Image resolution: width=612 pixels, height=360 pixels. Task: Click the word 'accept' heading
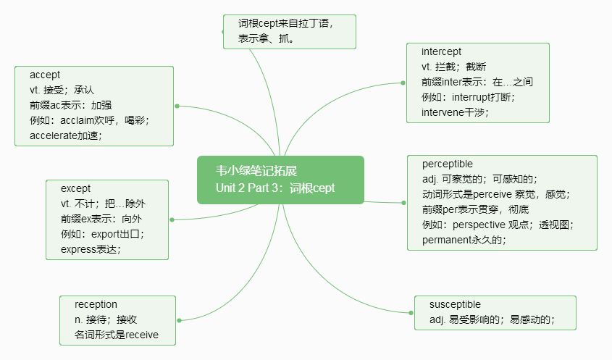tap(45, 75)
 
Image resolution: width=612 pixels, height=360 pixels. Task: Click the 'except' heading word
tap(75, 189)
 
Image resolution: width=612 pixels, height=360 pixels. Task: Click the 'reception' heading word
tap(96, 304)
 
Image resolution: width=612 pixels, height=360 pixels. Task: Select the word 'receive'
tap(142, 335)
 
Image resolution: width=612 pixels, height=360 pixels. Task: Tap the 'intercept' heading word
tap(441, 52)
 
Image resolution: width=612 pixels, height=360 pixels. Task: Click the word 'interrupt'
tap(471, 97)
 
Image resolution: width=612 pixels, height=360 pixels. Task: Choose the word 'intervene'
tap(443, 112)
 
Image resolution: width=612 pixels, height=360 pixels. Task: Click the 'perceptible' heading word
tap(448, 164)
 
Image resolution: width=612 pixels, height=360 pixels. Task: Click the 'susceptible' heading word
tap(455, 304)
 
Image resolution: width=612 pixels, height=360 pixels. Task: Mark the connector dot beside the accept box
tap(177, 106)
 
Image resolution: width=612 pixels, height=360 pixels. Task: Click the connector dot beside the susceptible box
tap(411, 313)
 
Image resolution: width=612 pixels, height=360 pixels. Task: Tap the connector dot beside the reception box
tap(179, 321)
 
